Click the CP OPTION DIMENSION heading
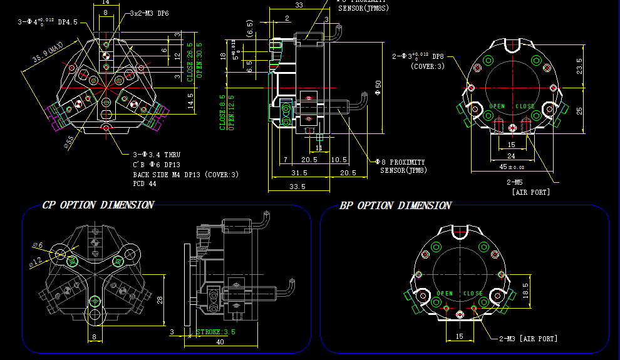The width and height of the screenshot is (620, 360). point(97,205)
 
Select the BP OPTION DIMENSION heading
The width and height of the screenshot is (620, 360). point(395,205)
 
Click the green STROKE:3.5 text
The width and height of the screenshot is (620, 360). point(215,332)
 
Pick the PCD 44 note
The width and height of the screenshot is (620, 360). point(145,184)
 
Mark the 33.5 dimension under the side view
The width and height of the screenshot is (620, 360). point(297,187)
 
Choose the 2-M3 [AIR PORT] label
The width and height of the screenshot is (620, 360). point(528,339)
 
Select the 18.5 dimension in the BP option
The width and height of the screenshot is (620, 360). point(525,289)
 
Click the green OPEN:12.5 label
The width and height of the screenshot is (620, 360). point(231,112)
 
